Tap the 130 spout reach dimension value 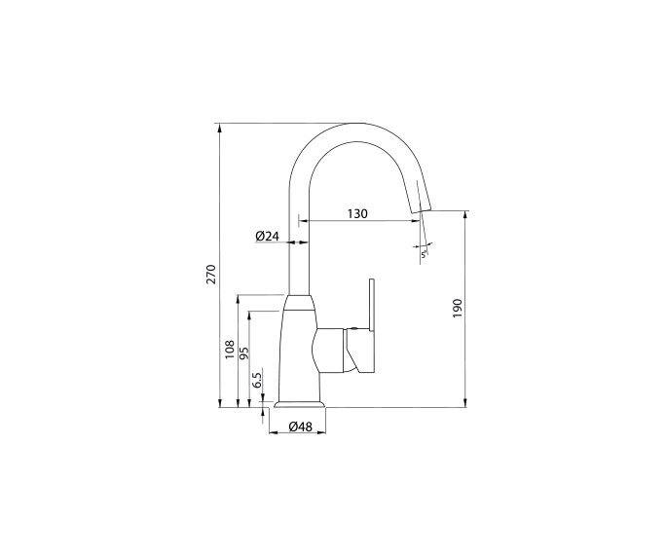pyautogui.click(x=356, y=214)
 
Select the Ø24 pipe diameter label pyautogui.click(x=268, y=237)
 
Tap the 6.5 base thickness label pyautogui.click(x=257, y=381)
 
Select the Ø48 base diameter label pyautogui.click(x=300, y=427)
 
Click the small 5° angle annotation pyautogui.click(x=425, y=253)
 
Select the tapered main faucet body pyautogui.click(x=298, y=351)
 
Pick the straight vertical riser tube pyautogui.click(x=300, y=253)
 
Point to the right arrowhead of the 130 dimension pyautogui.click(x=420, y=222)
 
